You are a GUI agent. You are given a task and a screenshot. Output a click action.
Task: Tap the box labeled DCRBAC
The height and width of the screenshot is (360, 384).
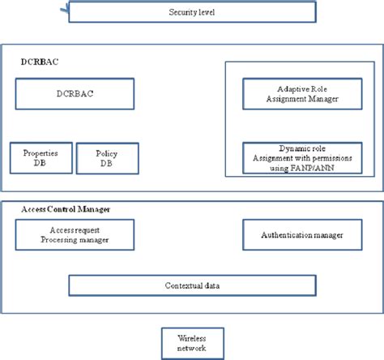(74, 94)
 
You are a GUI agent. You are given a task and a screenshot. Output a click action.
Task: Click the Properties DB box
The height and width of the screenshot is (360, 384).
(41, 157)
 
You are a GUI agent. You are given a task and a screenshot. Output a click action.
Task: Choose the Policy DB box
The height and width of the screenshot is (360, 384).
(107, 157)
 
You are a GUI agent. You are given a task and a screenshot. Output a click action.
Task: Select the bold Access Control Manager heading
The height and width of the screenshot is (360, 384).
(66, 209)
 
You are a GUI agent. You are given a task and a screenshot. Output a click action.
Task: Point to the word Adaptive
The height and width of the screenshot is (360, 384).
(280, 88)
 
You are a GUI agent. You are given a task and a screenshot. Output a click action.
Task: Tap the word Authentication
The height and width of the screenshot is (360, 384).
(282, 235)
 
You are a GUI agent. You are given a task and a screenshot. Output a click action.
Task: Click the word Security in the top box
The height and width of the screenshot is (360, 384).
(181, 13)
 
